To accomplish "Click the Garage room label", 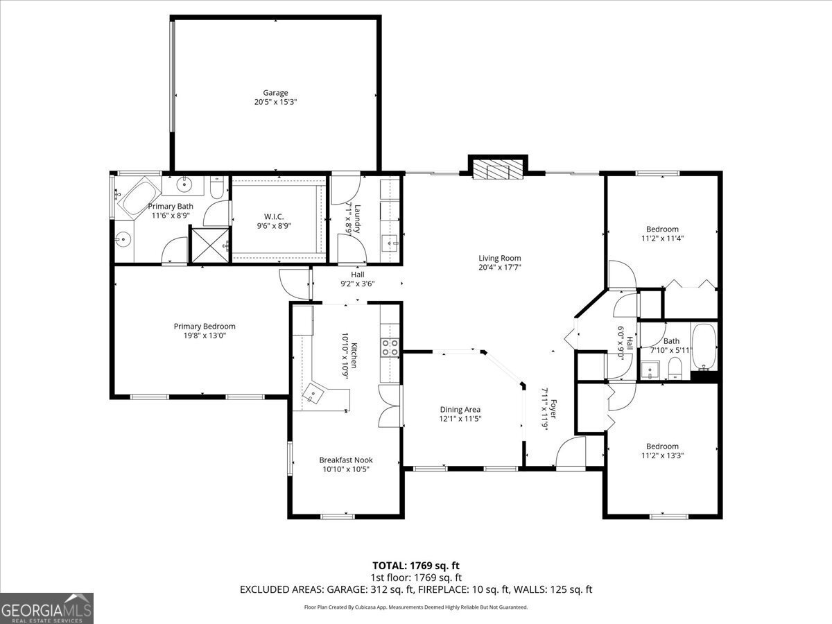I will (x=275, y=93).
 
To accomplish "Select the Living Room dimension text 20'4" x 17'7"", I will (x=499, y=268).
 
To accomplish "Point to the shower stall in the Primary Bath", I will (x=209, y=245).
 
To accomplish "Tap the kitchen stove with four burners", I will (x=390, y=347).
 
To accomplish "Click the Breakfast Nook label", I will (x=345, y=460).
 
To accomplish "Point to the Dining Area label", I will (x=460, y=409).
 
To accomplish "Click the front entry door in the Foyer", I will (x=571, y=454).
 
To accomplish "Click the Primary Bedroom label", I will (x=205, y=326).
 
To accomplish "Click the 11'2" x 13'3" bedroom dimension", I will (x=662, y=456).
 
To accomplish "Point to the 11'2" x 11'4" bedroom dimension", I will (x=662, y=239).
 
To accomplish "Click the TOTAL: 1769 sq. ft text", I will (x=415, y=566).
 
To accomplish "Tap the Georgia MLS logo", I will (x=46, y=608).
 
